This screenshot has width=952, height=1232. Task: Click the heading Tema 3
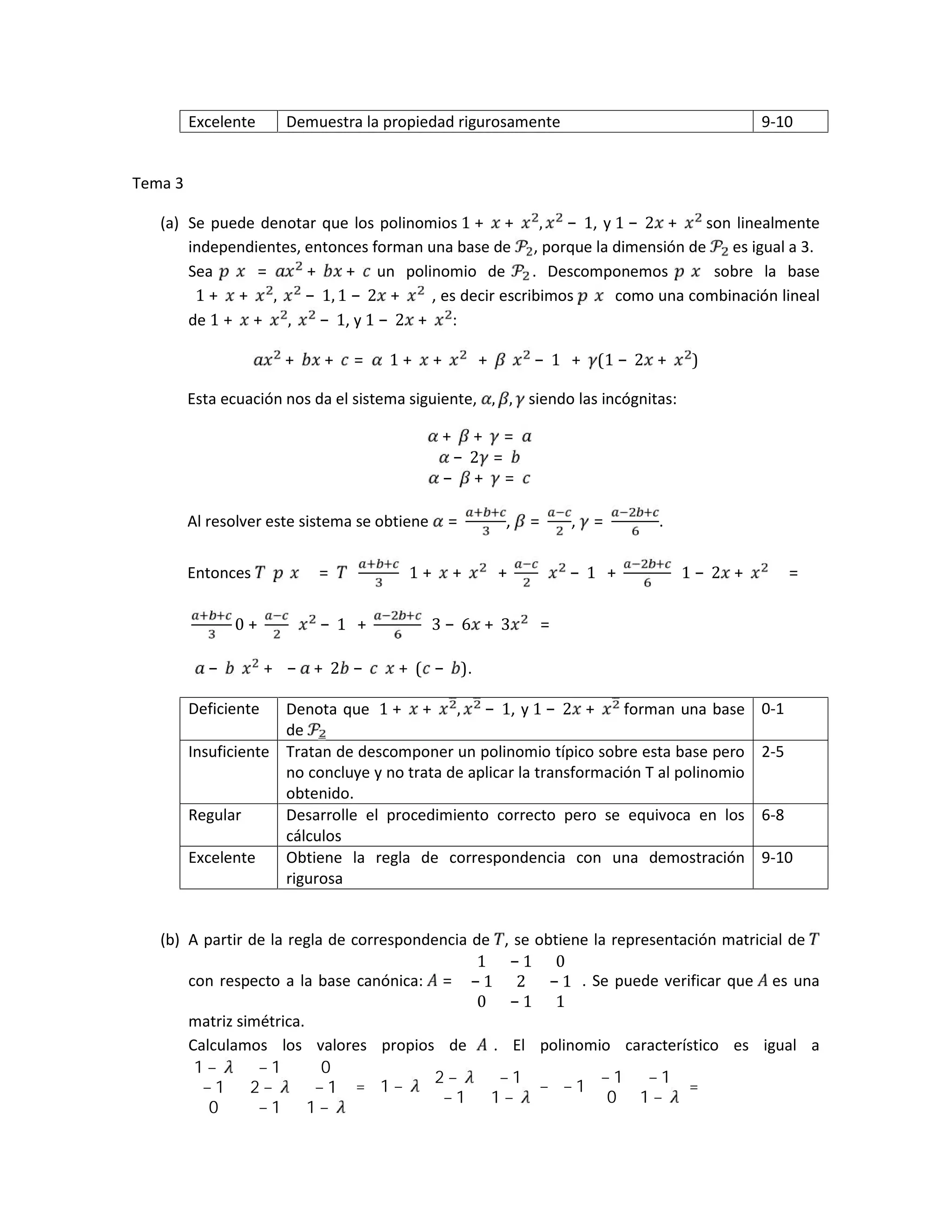(x=158, y=183)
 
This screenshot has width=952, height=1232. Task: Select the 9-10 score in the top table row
(x=777, y=122)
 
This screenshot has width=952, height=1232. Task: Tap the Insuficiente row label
(x=228, y=752)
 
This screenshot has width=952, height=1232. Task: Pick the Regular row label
(x=214, y=815)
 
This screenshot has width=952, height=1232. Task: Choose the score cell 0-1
(x=772, y=709)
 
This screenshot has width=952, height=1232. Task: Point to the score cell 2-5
(x=772, y=752)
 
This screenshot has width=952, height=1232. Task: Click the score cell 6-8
(x=772, y=815)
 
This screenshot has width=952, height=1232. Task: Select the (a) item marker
(x=169, y=223)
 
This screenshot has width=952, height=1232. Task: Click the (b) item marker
(x=169, y=940)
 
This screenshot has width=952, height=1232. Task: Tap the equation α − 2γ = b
(x=479, y=457)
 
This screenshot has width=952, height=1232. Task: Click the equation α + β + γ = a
(x=479, y=436)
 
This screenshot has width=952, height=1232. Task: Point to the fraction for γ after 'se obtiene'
(x=635, y=522)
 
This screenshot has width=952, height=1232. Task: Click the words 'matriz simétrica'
(x=246, y=1021)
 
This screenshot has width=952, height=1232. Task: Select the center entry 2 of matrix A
(x=521, y=981)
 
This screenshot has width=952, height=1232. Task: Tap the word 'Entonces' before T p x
(x=219, y=573)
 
